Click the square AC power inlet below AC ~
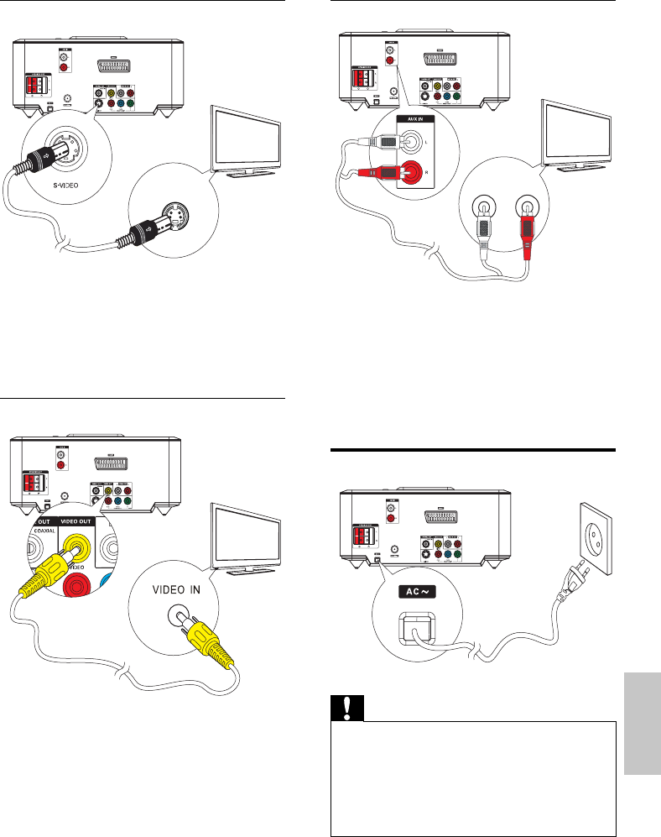[415, 628]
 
